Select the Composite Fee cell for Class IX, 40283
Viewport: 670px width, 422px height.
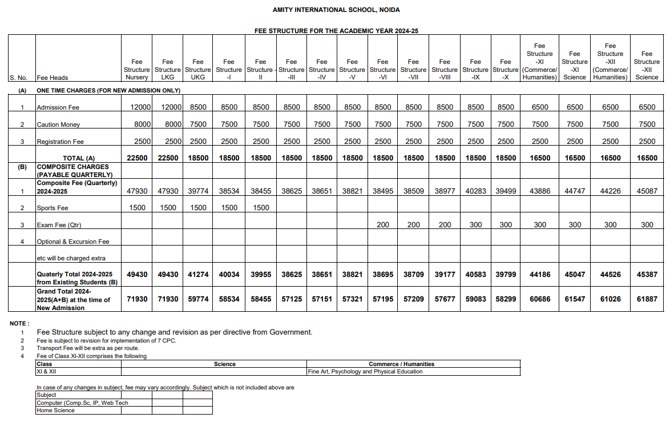click(x=475, y=191)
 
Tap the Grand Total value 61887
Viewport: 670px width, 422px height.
click(x=647, y=299)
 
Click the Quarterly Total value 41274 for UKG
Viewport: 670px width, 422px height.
click(x=198, y=275)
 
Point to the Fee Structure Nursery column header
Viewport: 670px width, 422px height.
click(x=137, y=69)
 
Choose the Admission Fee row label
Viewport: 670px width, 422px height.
click(x=58, y=107)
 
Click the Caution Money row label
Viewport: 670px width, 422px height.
click(x=58, y=124)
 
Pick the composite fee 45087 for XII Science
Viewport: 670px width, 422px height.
click(x=647, y=191)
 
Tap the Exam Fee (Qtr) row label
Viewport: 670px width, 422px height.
click(x=59, y=225)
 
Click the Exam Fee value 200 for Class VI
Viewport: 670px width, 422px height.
click(x=383, y=225)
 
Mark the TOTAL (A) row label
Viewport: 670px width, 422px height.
click(x=79, y=158)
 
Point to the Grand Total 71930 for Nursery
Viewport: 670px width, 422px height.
click(x=137, y=299)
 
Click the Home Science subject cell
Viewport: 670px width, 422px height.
click(x=56, y=411)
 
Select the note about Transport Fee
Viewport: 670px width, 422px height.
click(x=88, y=348)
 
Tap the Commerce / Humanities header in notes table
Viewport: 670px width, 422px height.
click(x=401, y=364)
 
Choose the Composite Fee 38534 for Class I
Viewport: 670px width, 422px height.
click(x=229, y=191)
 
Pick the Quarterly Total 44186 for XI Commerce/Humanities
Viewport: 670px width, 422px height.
click(x=539, y=275)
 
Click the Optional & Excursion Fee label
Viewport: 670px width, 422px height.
click(x=73, y=242)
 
